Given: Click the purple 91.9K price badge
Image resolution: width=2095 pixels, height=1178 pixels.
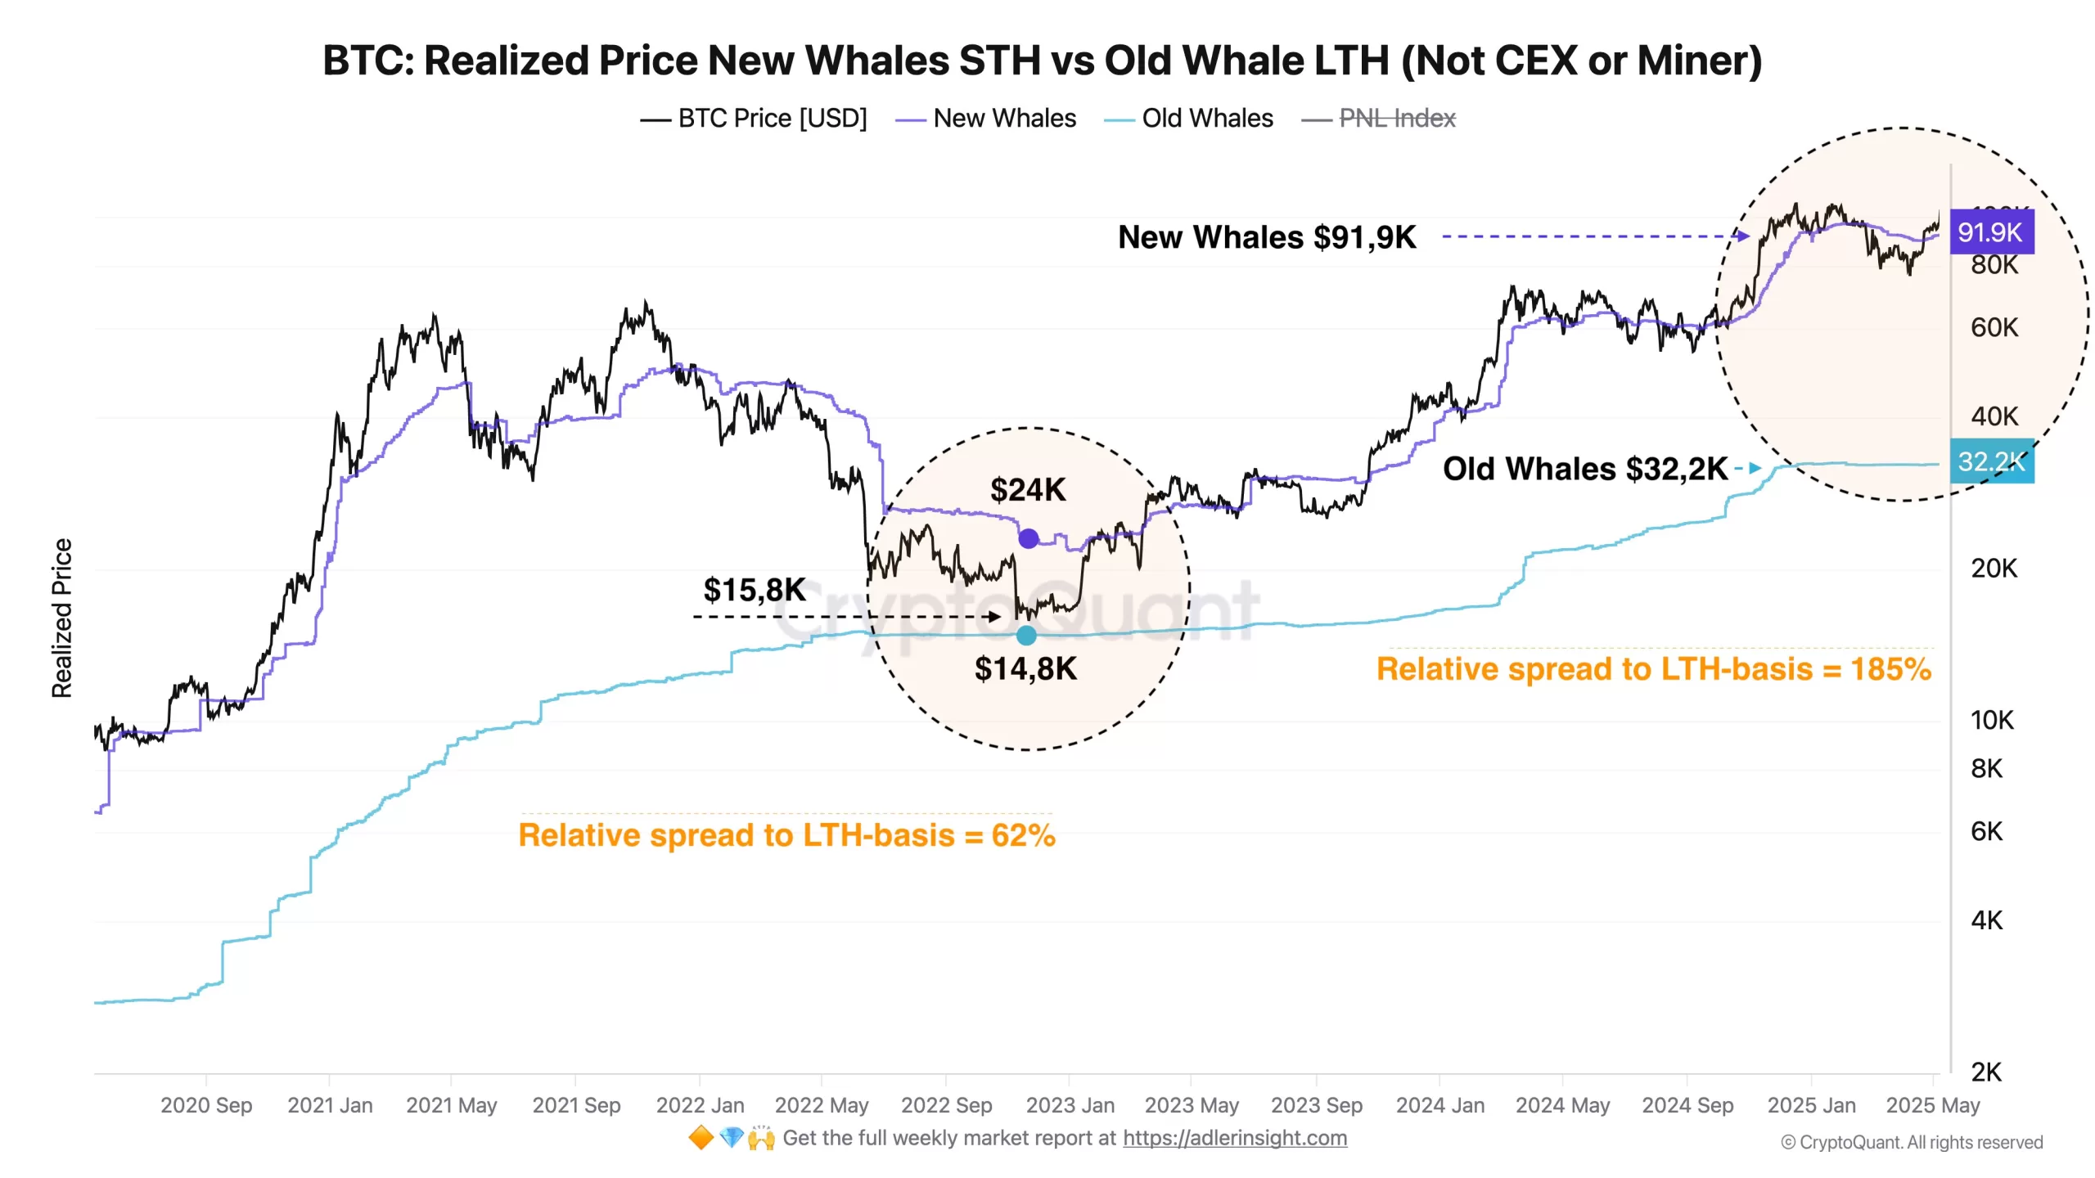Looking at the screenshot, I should pos(1990,232).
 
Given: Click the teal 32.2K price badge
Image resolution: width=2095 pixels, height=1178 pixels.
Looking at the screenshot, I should pos(1990,461).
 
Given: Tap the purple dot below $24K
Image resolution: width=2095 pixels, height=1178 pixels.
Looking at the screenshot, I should pos(1029,538).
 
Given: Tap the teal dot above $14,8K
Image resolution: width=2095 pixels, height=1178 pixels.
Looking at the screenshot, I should pos(1026,635).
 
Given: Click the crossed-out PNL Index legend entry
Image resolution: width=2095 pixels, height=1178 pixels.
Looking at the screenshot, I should pos(1396,119).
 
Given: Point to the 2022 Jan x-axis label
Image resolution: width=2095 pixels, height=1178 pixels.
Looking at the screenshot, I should pos(700,1105).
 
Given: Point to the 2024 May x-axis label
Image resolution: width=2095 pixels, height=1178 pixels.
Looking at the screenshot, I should pos(1562,1105).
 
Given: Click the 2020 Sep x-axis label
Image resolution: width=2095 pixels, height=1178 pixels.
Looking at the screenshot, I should pos(206,1105).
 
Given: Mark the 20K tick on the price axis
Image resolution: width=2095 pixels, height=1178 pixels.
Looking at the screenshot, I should pos(1994,569).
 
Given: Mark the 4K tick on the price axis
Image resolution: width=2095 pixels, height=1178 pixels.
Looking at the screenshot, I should pos(1986,920).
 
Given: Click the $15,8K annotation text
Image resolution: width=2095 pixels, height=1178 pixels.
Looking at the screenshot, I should pos(755,589).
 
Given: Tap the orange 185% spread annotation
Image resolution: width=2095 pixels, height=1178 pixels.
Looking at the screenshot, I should pos(1653,669).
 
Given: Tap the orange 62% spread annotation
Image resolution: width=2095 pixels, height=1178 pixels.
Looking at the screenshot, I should pos(786,835).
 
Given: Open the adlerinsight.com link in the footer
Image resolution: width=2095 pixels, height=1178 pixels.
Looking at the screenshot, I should pos(1234,1138).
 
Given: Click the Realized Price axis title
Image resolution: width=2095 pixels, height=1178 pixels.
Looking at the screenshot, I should pos(62,618).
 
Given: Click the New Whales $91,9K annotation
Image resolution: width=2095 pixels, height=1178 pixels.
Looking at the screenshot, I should pos(1267,237).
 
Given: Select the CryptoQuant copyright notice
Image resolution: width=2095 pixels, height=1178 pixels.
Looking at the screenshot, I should pos(1912,1142).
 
